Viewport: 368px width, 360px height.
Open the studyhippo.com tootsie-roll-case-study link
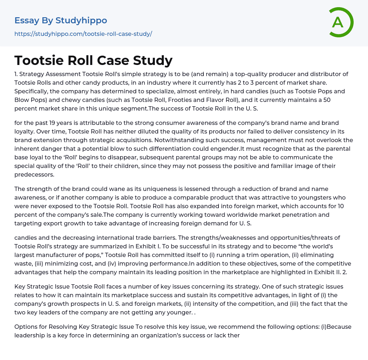tap(83, 34)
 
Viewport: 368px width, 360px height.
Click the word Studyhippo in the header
tap(81, 21)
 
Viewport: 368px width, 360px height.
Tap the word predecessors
tap(34, 174)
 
